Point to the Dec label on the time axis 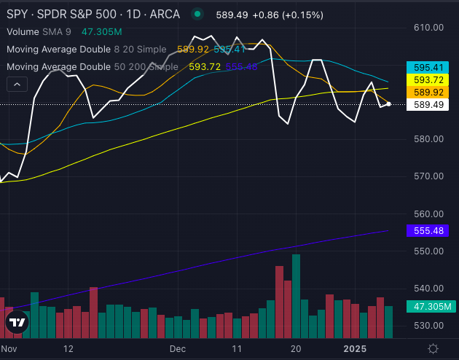(178, 348)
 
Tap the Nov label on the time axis (9, 348)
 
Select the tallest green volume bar (296, 296)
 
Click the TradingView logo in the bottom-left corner (17, 322)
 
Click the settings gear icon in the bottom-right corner (433, 348)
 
